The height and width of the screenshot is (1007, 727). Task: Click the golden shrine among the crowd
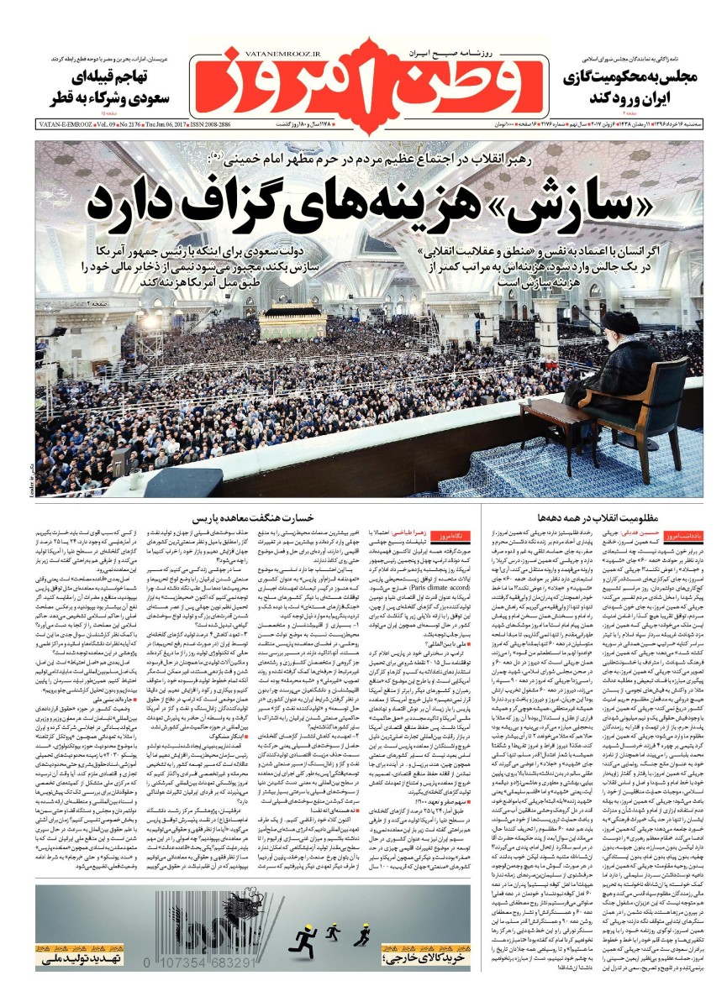pos(290,320)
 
